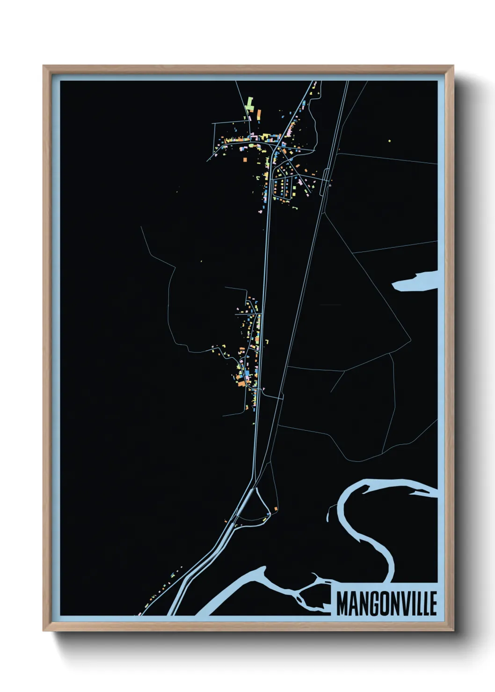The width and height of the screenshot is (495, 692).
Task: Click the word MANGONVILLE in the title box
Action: click(x=386, y=603)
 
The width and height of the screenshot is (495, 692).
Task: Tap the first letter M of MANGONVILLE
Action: click(x=342, y=603)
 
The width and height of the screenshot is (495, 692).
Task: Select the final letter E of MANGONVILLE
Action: click(x=433, y=603)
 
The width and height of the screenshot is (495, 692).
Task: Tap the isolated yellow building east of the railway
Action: click(x=389, y=140)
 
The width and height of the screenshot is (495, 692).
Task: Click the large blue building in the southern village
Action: click(x=246, y=375)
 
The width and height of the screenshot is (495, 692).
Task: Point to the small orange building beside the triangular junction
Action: click(x=276, y=508)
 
